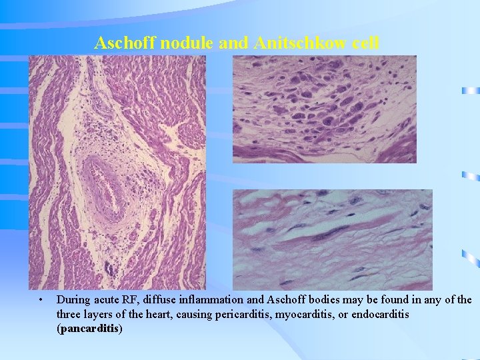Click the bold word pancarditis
tap(90, 328)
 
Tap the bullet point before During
tap(41, 300)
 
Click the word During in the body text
tap(73, 300)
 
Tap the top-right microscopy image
tap(324, 109)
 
